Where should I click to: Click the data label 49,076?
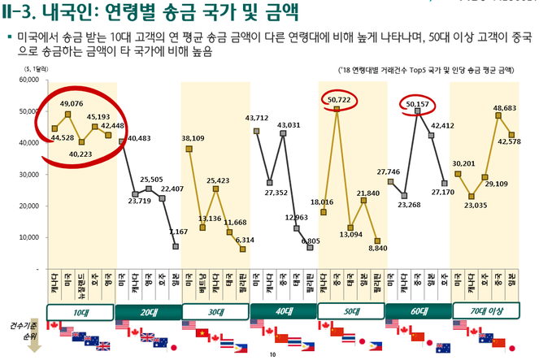point(72,104)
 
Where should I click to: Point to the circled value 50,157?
point(419,104)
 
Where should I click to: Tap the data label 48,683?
point(504,107)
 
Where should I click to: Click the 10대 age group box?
point(80,313)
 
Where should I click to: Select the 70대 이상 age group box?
point(489,313)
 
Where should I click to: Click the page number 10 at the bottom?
point(273,355)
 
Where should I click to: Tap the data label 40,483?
point(141,138)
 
